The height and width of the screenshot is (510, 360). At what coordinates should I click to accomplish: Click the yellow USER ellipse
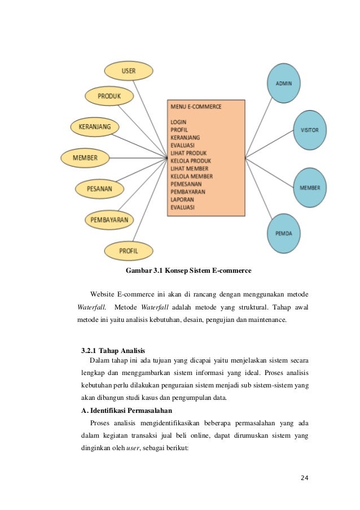coord(128,71)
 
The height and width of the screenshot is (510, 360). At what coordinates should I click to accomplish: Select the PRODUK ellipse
coord(109,97)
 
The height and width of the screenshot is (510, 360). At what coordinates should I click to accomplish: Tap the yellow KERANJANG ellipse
coord(94,126)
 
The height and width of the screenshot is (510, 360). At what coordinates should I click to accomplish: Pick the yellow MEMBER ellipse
coord(85,158)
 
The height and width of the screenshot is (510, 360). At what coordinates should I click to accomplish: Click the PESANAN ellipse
coord(99,188)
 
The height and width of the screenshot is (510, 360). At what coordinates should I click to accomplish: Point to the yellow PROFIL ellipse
coord(128,249)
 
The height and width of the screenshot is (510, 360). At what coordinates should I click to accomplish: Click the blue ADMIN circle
coord(283,83)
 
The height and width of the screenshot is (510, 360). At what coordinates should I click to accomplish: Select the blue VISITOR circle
coord(310,130)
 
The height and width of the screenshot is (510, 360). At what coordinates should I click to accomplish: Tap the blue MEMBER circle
coord(310,187)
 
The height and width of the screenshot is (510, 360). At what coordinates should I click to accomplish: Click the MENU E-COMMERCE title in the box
coord(196,106)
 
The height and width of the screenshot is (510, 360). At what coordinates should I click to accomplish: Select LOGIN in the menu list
coord(178,121)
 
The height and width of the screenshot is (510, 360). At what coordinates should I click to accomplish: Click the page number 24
coord(305,478)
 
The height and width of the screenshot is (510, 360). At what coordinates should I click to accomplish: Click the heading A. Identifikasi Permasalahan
coord(126,409)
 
